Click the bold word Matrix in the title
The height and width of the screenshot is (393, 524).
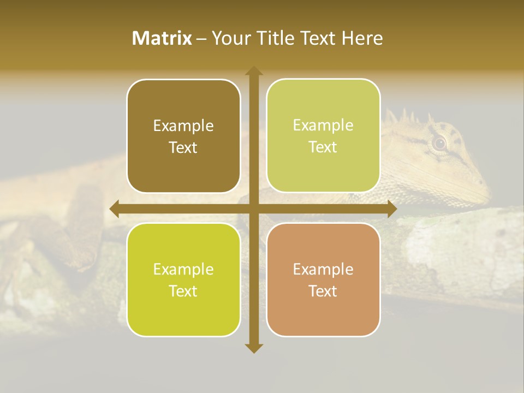pos(162,38)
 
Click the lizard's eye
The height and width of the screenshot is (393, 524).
pos(439,143)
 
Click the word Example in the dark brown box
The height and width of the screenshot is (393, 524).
pos(183,126)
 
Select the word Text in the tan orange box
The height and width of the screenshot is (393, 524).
pos(323,291)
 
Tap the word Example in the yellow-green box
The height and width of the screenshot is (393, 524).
pos(183,269)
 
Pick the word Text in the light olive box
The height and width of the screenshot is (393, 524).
pos(323,147)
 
